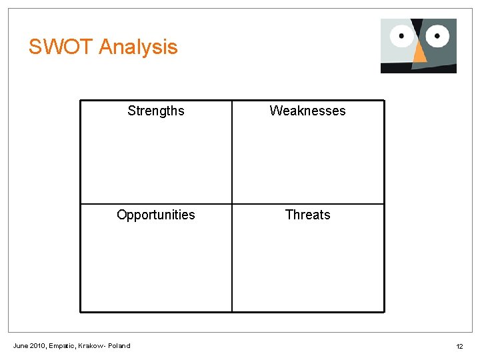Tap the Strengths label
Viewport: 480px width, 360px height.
tap(156, 111)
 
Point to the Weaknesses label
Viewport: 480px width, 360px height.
tap(307, 111)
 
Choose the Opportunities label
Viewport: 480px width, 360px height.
tap(156, 215)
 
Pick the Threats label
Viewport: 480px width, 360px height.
tap(307, 215)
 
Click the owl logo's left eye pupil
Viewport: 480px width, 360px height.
tap(401, 35)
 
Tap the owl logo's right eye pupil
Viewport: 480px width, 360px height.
tap(438, 33)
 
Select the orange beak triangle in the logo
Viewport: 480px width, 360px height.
tap(419, 53)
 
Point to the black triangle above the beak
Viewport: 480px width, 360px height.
tap(418, 28)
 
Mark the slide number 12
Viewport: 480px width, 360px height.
tap(459, 346)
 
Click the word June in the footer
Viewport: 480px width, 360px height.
tap(21, 345)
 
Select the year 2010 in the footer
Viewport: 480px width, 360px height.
tap(38, 345)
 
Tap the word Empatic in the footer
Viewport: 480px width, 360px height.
tap(61, 345)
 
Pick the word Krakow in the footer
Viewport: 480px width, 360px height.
tap(91, 345)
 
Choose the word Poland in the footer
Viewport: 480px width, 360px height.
tap(119, 345)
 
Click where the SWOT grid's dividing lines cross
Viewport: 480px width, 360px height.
tap(232, 204)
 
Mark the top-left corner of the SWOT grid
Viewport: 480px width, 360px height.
tap(81, 101)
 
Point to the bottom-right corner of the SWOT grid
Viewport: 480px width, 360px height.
tap(384, 311)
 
